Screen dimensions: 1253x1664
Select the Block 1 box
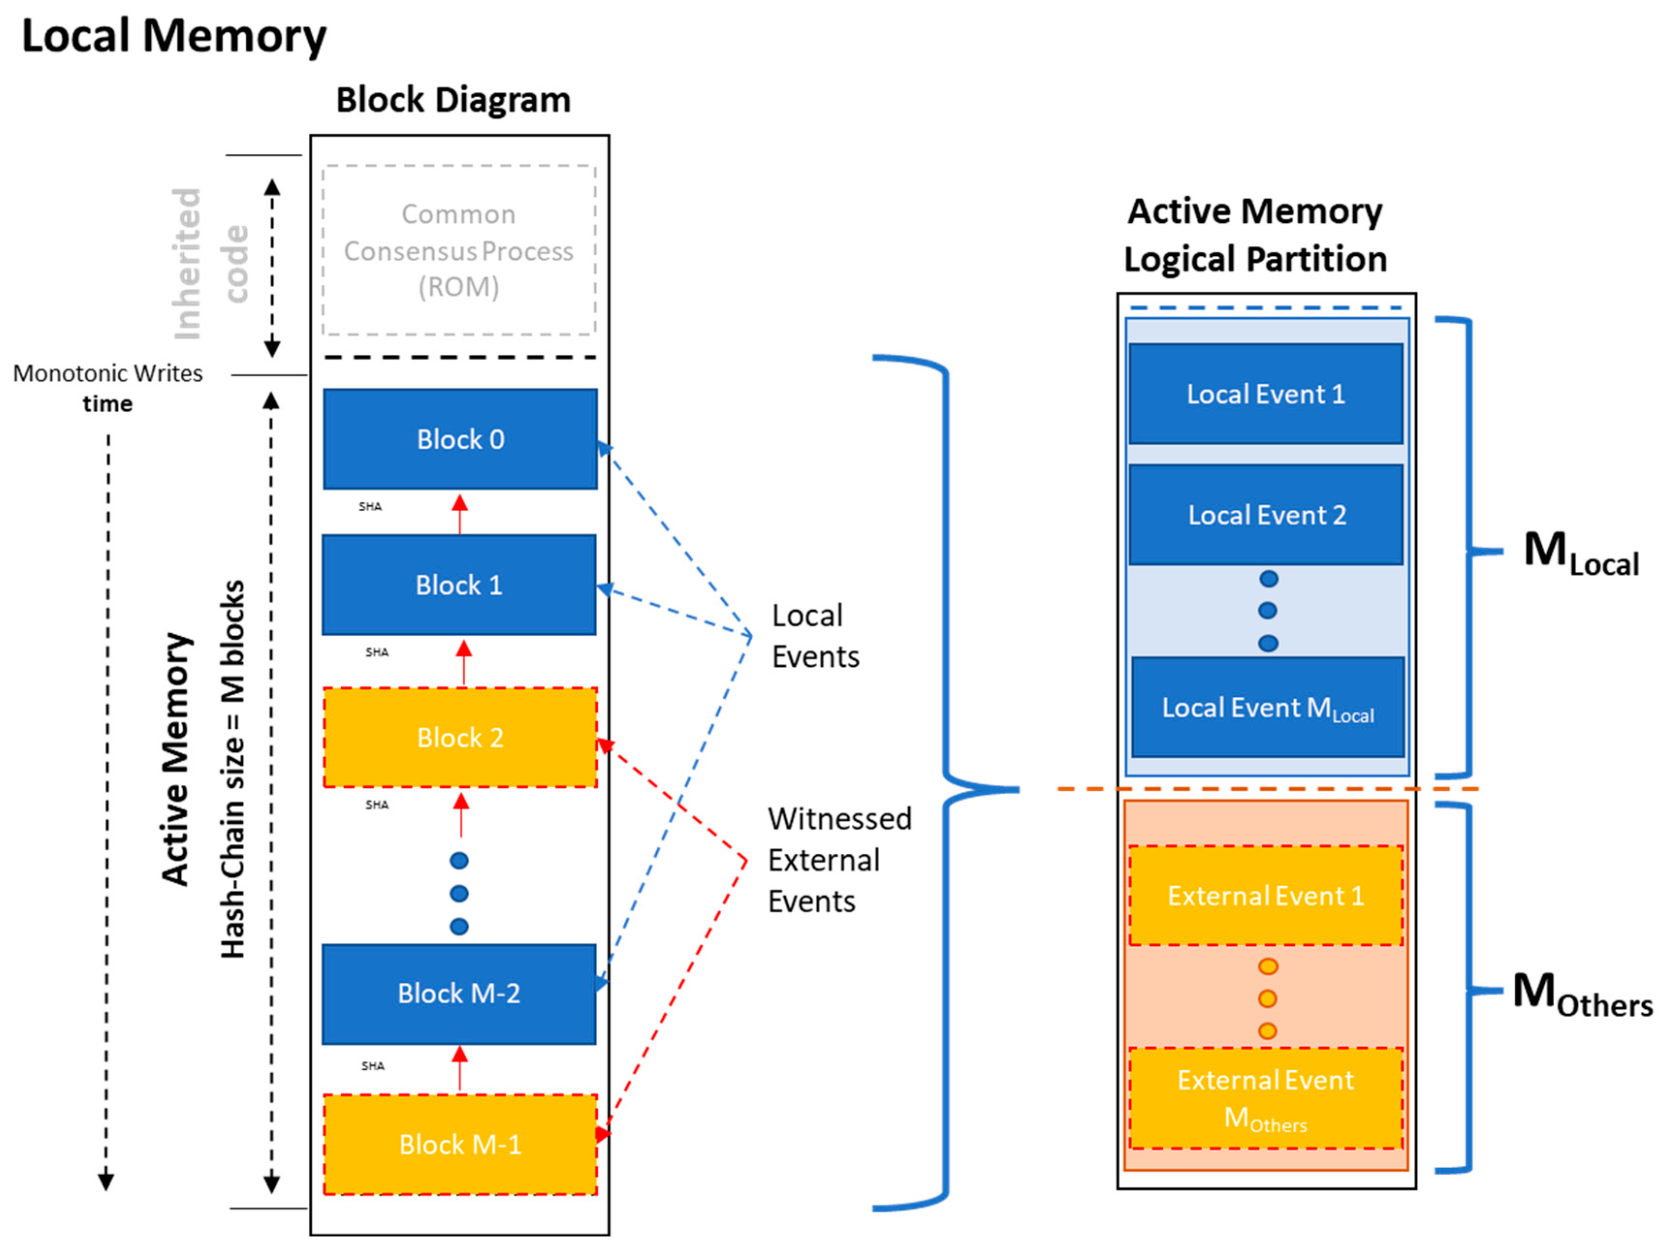(x=459, y=585)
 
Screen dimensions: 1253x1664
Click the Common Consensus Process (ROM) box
(x=459, y=251)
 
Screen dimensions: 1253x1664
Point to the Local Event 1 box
(x=1266, y=394)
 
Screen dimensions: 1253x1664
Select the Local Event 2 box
(x=1266, y=515)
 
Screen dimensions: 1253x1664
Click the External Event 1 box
(x=1266, y=896)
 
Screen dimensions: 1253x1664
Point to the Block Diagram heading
(x=453, y=100)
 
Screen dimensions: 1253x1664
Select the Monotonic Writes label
(x=108, y=374)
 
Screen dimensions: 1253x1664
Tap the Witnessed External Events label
(x=839, y=860)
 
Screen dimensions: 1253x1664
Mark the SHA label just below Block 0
(x=370, y=507)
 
